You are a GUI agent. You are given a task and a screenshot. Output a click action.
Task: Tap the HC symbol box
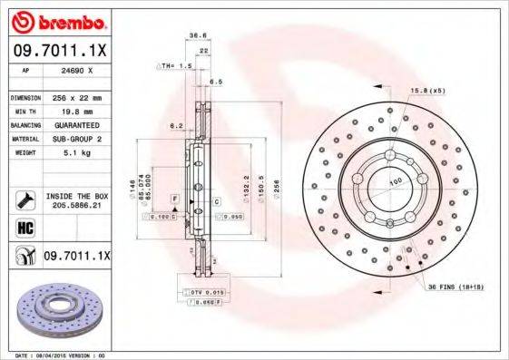(24, 227)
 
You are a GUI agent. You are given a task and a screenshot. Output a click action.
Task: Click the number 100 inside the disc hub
(396, 182)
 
